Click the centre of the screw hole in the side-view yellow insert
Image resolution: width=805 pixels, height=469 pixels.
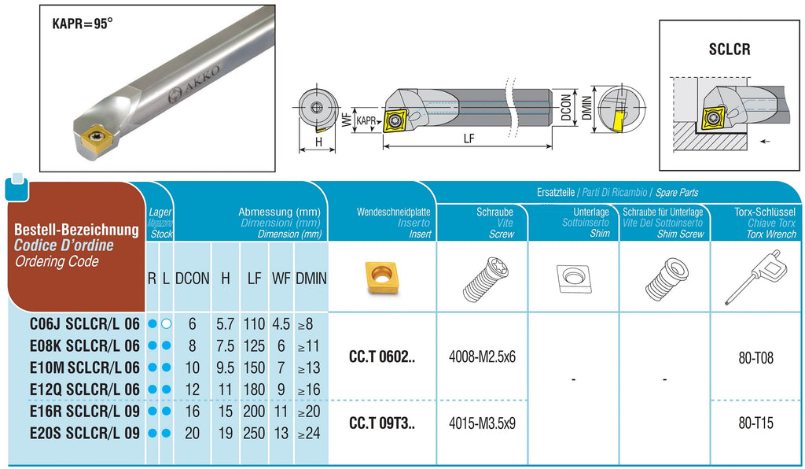[x=395, y=120]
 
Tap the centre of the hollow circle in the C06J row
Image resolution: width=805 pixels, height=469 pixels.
[x=166, y=324]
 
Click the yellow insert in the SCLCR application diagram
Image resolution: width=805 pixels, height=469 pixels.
[x=712, y=117]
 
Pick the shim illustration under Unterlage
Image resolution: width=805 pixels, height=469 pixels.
[x=573, y=278]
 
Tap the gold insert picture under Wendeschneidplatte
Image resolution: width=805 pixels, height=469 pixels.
[x=382, y=278]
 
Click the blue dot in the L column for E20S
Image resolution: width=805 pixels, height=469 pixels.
[x=166, y=433]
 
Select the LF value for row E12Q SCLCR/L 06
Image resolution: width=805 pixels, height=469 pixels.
[x=254, y=390]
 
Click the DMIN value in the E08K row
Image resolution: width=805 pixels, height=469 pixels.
[x=308, y=346]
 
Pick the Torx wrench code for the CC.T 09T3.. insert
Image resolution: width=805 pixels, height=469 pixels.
[x=755, y=423]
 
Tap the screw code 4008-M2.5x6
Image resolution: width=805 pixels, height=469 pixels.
[x=482, y=357]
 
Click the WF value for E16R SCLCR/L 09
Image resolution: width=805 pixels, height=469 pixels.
[x=281, y=412]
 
